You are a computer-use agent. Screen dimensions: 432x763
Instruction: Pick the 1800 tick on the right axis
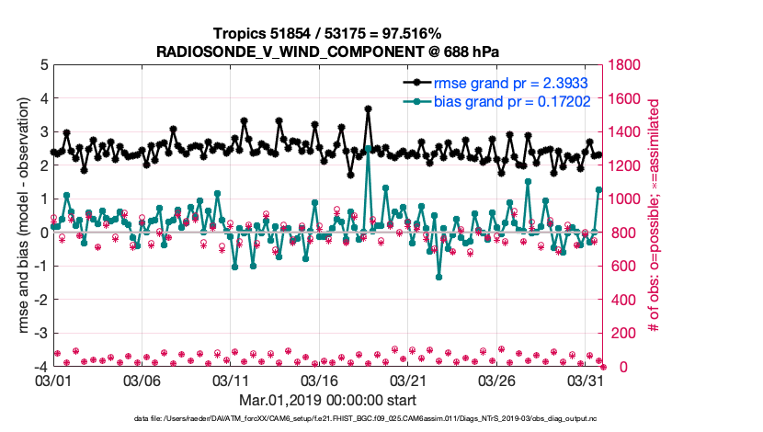(622, 65)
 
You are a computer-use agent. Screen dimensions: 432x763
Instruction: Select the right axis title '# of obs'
(655, 216)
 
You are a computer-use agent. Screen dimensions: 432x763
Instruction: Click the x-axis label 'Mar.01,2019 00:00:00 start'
(327, 401)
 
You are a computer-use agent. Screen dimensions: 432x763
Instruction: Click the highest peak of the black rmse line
(368, 108)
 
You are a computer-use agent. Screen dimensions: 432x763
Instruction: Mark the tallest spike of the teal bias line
(368, 148)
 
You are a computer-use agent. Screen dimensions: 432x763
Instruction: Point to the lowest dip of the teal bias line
(439, 277)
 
